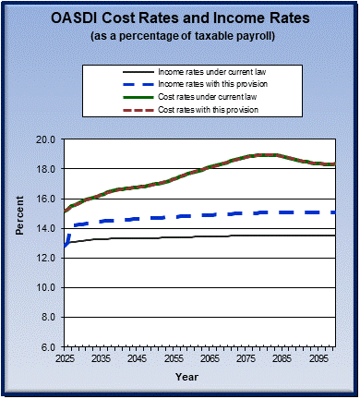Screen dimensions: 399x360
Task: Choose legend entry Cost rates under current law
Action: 202,97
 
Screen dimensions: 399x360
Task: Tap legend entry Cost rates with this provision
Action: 204,110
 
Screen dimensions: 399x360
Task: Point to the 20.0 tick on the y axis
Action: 45,139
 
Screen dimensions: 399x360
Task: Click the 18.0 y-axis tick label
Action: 45,169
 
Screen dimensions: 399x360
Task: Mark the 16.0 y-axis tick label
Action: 45,199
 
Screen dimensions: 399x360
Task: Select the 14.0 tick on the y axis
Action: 45,228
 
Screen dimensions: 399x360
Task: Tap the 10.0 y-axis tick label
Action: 45,287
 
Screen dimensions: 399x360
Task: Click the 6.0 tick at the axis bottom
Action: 48,346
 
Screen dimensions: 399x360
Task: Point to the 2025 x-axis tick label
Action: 66,357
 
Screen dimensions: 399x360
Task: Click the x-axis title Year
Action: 186,376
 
